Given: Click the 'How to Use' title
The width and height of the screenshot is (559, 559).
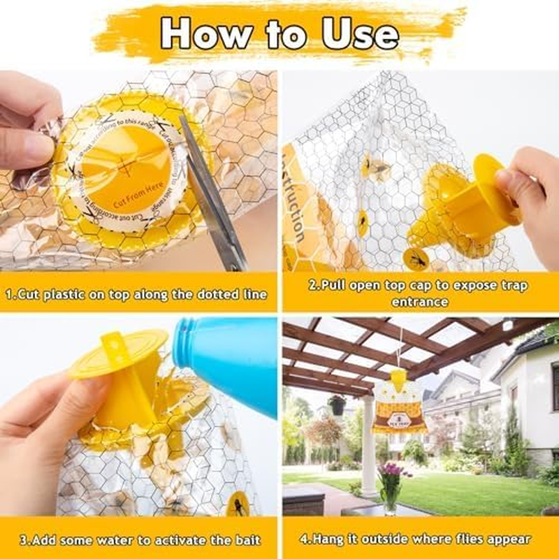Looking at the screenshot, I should click(279, 33).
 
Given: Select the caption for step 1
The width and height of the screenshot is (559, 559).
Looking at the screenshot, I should click(138, 294).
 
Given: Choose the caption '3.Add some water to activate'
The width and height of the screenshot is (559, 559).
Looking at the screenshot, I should click(139, 539).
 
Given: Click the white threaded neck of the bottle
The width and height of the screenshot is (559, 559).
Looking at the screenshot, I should click(183, 343).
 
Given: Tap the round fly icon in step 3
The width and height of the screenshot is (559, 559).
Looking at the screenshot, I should click(238, 504).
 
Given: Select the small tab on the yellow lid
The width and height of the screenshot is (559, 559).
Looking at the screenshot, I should click(114, 342).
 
